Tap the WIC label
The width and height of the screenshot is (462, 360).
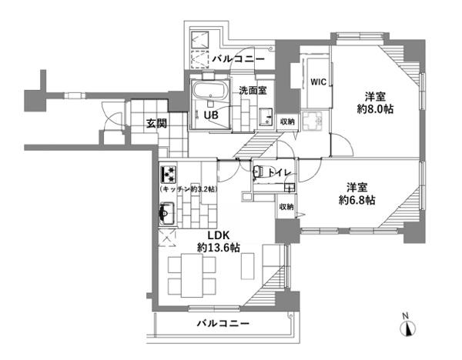pos(319,82)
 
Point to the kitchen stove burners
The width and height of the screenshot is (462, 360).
pos(168,175)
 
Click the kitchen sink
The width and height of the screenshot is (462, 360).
pos(166,213)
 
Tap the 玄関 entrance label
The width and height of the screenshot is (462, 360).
pos(157,124)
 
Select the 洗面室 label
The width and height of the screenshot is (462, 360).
pos(253,90)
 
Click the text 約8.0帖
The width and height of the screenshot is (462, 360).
pos(375,109)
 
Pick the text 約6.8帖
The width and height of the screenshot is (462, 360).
pos(357,201)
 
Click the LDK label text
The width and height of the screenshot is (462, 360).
pos(219,235)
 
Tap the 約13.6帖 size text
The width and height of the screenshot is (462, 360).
pos(219,248)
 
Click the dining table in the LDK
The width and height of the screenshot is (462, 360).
pos(192,275)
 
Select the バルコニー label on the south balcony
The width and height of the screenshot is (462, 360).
pos(223,324)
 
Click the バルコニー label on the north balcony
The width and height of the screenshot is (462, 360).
pos(239,59)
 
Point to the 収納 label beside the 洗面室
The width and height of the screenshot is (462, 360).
pos(287,122)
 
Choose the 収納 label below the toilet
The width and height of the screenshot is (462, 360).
pos(286,207)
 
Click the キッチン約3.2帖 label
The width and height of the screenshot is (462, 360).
pos(189,189)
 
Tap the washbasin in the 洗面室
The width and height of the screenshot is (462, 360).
pos(266,117)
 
